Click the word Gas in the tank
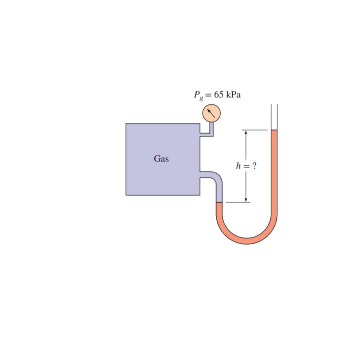(161, 159)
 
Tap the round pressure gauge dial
(212, 113)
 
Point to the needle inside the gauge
(211, 113)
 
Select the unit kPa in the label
(233, 95)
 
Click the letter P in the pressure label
(196, 94)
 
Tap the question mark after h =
(254, 166)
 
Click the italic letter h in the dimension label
(238, 166)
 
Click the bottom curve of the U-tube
(247, 240)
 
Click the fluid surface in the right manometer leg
(274, 131)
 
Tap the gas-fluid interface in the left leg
(219, 202)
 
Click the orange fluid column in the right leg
(274, 174)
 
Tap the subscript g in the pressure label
(201, 98)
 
